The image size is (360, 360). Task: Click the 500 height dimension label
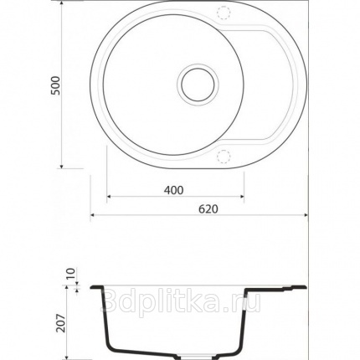55,85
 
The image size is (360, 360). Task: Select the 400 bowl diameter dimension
173,190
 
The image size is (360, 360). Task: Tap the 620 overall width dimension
208,208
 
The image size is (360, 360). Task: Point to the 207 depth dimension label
60,323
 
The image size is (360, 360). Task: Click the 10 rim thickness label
70,274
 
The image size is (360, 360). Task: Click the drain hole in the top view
198,84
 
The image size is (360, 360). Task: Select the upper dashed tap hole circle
224,13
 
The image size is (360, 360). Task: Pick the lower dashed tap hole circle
224,156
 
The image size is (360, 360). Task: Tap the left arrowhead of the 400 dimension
109,197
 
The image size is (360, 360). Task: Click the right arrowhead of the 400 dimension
242,197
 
